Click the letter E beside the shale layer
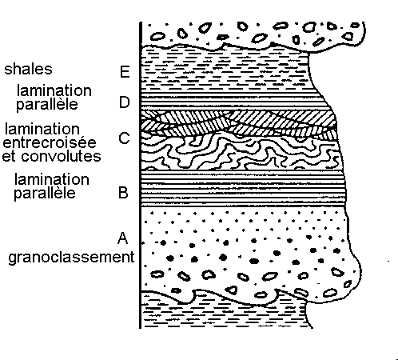tap(125, 72)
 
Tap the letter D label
tap(125, 102)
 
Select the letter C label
tap(124, 138)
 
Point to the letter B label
tap(123, 193)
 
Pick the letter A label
tap(122, 238)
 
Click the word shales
tap(28, 69)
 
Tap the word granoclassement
tap(71, 258)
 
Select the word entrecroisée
tap(50, 142)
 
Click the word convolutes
tap(62, 156)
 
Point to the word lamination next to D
tap(54, 90)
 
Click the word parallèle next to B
tap(45, 193)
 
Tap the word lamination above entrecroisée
tap(42, 130)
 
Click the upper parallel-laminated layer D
tap(234, 102)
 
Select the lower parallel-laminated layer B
tap(243, 188)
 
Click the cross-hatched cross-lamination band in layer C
tap(238, 123)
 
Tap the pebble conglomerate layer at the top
tap(253, 34)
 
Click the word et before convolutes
tap(9, 157)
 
